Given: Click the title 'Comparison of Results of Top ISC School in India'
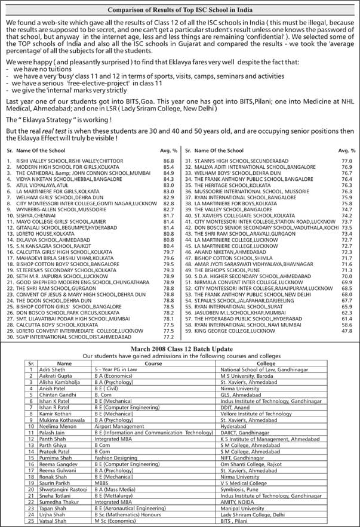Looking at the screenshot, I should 180,10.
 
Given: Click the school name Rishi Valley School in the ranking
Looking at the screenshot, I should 57,161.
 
